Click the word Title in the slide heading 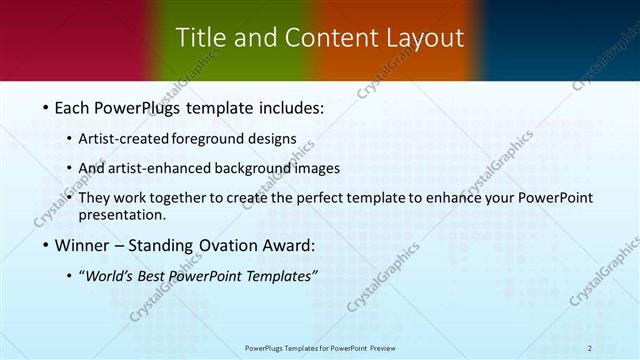[198, 38]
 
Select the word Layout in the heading [427, 38]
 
